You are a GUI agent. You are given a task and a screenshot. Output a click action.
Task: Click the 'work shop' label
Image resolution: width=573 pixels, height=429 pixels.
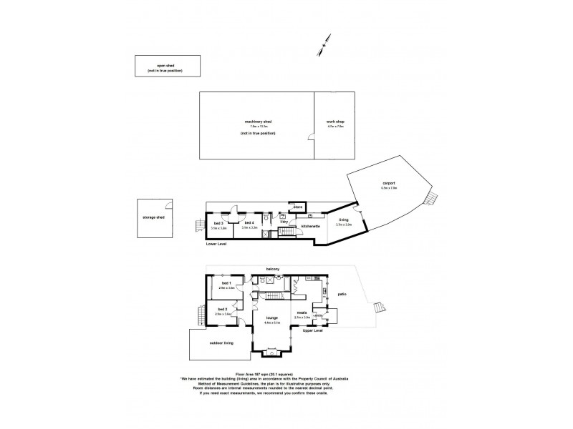click(x=335, y=122)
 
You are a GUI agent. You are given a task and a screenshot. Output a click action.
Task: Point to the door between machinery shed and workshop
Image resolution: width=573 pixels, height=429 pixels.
click(x=312, y=139)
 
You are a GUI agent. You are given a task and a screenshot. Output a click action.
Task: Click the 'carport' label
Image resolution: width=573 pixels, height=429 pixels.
click(x=389, y=183)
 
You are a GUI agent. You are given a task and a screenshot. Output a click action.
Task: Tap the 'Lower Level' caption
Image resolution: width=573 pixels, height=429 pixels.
click(x=216, y=245)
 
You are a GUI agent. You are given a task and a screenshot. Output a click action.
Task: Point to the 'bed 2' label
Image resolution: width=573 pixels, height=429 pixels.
click(x=223, y=310)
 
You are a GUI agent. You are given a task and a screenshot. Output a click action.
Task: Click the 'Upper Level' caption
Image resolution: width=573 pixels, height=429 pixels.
click(x=313, y=331)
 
